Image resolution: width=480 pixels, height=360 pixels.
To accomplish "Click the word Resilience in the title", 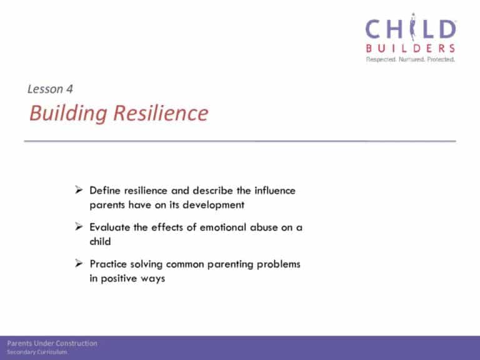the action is point(161,112).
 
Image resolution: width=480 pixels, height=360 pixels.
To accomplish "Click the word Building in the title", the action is point(68,114).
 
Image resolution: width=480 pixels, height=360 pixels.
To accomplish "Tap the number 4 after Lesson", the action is point(69,89).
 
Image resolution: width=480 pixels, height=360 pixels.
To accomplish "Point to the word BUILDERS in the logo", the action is point(411,48).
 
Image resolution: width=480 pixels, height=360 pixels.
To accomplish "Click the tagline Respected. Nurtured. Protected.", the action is point(411,59).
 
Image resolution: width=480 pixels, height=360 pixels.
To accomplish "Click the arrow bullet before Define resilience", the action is point(79,190).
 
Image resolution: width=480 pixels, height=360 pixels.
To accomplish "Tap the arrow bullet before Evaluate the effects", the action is point(79,226).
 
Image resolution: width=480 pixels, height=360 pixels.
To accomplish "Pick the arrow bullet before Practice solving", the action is point(79,263).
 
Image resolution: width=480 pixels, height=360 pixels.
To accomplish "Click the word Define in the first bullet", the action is point(105,191).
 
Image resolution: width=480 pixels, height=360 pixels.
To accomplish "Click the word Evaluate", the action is point(110,227).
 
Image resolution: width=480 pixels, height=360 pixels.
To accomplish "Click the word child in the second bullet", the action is point(100,241).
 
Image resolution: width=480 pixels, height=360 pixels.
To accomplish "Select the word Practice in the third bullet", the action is point(108,264).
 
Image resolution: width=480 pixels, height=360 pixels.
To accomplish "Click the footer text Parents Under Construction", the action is point(52,344).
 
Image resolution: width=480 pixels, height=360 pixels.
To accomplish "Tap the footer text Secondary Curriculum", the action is point(37,352).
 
